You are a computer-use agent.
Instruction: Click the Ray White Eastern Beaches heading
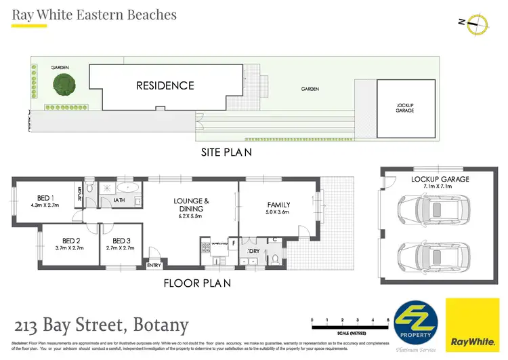pos(94,14)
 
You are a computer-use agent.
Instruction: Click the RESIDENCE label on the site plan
pos(165,85)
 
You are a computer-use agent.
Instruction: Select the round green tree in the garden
pos(62,85)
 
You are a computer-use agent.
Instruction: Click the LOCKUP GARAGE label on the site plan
pos(404,108)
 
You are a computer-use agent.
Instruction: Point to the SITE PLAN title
pos(227,152)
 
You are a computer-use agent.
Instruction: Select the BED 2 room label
pos(71,241)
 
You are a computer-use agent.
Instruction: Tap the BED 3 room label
pos(121,241)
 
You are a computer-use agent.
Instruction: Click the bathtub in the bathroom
pos(126,187)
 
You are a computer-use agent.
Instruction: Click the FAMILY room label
pos(278,204)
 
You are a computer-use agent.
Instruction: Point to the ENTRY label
pos(154,265)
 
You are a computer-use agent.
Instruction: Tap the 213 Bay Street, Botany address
pos(100,325)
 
